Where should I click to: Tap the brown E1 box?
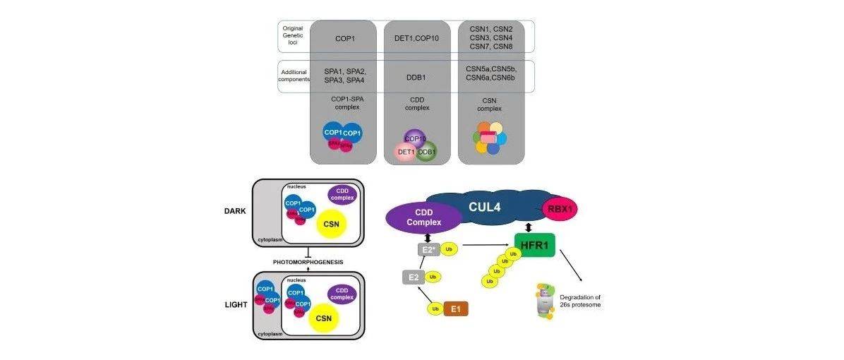[455, 308]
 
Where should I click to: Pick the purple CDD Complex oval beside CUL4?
[425, 217]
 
